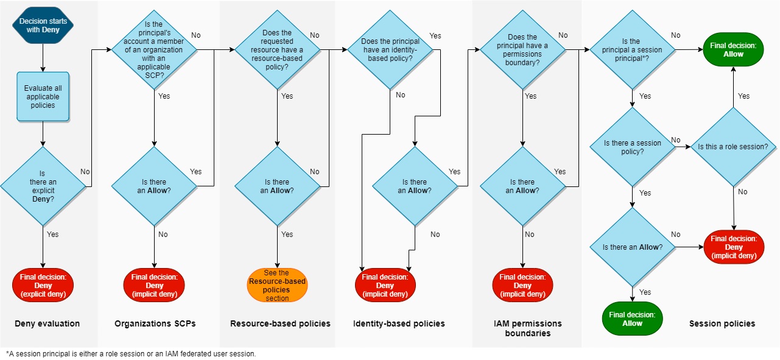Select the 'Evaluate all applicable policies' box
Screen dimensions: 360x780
[43, 96]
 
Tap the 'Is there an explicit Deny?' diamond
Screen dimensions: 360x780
[43, 186]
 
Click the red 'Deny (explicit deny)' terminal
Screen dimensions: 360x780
[43, 286]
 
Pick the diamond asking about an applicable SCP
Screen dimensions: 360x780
[155, 50]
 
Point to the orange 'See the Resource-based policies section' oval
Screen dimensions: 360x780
[277, 285]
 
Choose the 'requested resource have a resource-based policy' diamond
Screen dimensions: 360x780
[277, 50]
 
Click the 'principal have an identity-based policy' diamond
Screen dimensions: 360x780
[390, 50]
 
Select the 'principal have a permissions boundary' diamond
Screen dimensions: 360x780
[522, 50]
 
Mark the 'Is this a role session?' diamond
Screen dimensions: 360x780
[733, 147]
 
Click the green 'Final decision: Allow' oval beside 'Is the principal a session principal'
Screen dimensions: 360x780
[733, 50]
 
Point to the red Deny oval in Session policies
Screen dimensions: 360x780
[734, 247]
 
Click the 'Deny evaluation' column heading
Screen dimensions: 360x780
[47, 323]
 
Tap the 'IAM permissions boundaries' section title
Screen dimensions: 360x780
[527, 328]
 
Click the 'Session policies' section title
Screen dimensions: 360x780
[722, 323]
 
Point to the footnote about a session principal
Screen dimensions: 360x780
[131, 354]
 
